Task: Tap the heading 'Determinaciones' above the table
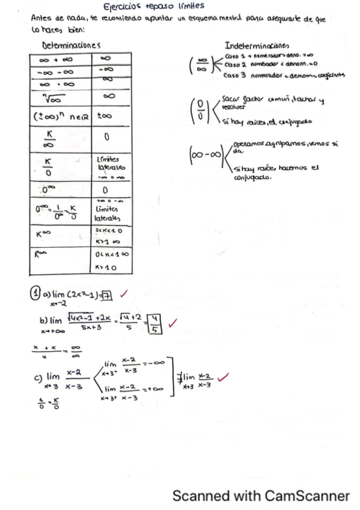tap(71, 46)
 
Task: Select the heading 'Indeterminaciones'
tap(257, 46)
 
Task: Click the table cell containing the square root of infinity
tap(60, 97)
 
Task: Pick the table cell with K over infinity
tap(60, 138)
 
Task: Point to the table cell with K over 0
tap(60, 164)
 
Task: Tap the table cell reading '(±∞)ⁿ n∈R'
tap(60, 115)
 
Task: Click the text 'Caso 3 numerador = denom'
tap(273, 76)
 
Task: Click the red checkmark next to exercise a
tap(124, 294)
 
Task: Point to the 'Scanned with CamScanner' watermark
tap(260, 496)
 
